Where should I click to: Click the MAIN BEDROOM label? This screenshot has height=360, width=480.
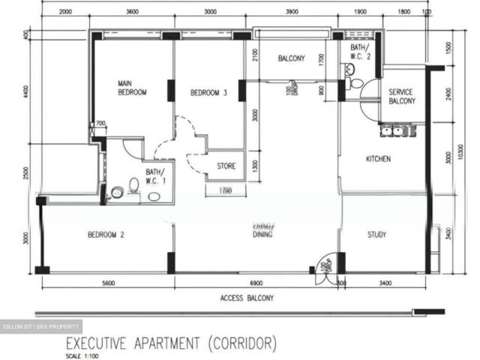point(131,88)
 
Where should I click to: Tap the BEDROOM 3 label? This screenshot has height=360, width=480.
point(207,93)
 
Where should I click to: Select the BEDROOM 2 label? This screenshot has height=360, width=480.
point(106,235)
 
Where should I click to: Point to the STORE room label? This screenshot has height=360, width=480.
point(226,166)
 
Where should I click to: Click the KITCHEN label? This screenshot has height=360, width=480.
point(378,159)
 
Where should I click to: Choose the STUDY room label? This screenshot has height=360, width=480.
point(376,235)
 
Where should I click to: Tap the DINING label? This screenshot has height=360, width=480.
point(262,235)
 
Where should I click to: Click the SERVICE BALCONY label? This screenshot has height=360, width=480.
point(402,97)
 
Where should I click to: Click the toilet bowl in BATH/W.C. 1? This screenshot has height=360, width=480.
point(134,185)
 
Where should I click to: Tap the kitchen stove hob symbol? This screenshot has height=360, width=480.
point(398,131)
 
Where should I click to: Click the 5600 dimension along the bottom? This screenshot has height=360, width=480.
point(108,283)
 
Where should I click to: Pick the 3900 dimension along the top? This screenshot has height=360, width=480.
point(292,12)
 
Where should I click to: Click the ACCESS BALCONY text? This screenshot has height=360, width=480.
point(247,298)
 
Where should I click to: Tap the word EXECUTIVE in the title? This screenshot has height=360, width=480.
point(103,344)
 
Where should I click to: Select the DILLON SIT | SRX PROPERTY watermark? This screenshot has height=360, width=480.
point(41,328)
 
